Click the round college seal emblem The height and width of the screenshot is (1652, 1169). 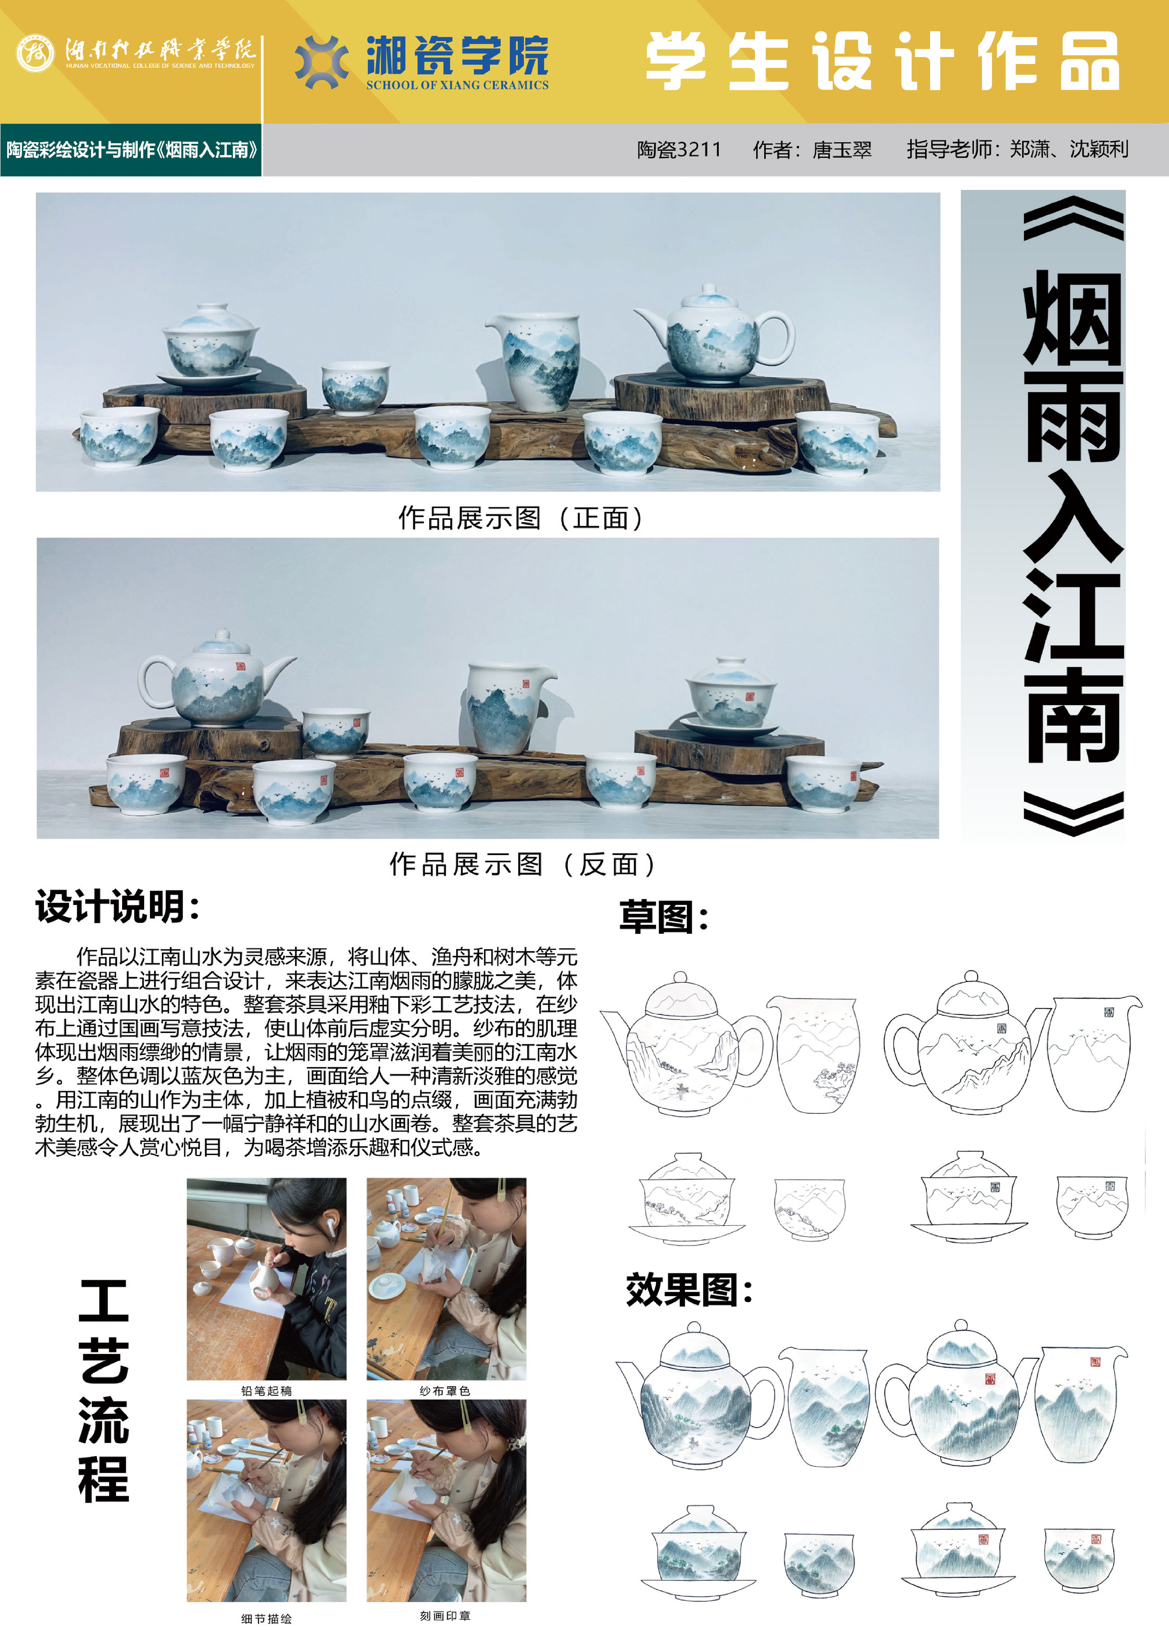click(35, 52)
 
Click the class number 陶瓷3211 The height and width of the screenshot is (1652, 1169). click(679, 150)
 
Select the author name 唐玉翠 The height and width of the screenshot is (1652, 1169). click(842, 150)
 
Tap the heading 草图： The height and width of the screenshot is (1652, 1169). click(664, 917)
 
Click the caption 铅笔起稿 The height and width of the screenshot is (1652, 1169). click(266, 1391)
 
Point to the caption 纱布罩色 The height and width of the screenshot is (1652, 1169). click(445, 1391)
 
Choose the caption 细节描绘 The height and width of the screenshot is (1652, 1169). click(266, 1619)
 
